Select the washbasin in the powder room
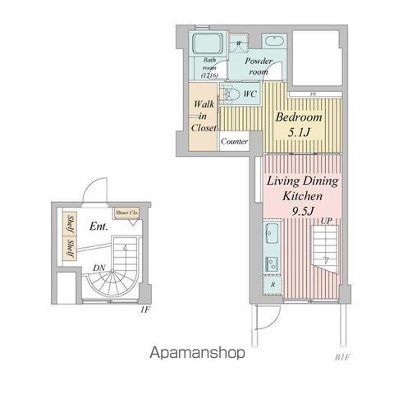pyautogui.click(x=274, y=41)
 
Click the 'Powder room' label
pyautogui.click(x=258, y=66)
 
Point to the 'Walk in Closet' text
pyautogui.click(x=204, y=116)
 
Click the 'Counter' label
pyautogui.click(x=234, y=142)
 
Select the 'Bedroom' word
pyautogui.click(x=299, y=117)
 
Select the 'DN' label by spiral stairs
pyautogui.click(x=98, y=268)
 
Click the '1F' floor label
pyautogui.click(x=144, y=309)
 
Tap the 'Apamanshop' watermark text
pyautogui.click(x=197, y=353)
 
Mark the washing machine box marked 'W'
pyautogui.click(x=240, y=41)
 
